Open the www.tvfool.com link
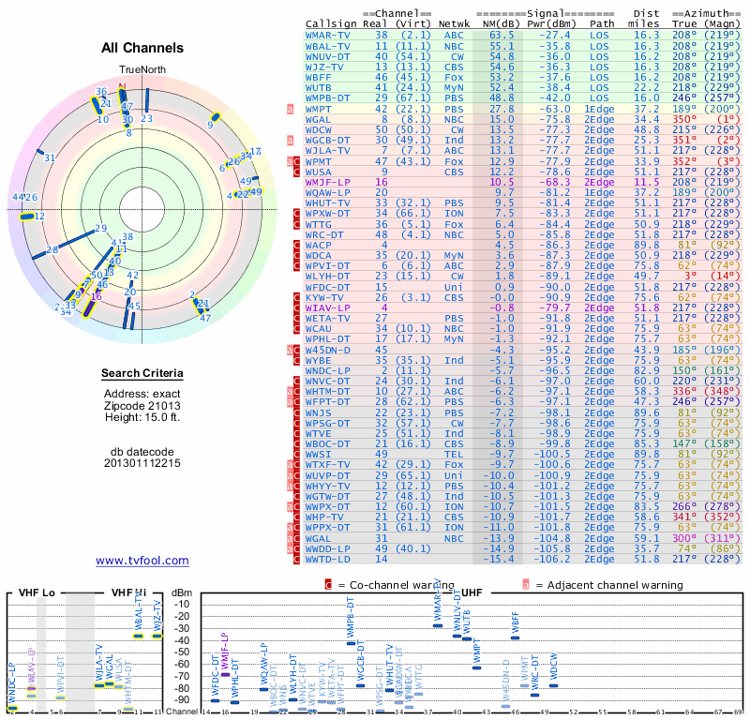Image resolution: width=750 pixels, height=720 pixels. [142, 561]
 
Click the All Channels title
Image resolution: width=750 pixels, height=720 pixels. [142, 48]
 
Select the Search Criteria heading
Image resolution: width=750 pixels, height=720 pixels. [142, 374]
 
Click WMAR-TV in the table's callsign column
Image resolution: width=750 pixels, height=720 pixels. [328, 35]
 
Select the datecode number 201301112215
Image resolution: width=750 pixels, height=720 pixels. [142, 463]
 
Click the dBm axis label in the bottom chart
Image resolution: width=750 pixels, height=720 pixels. [182, 592]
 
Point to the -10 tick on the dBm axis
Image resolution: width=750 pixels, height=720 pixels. [182, 605]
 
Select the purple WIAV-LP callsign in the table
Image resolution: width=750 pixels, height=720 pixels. [328, 307]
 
